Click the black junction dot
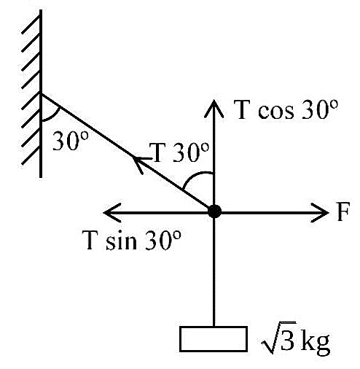click(x=214, y=211)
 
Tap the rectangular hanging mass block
click(x=214, y=339)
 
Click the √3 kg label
click(x=296, y=338)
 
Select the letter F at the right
click(x=343, y=211)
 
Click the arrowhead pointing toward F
click(x=320, y=212)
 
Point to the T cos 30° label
click(x=286, y=109)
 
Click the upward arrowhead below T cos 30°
click(x=214, y=109)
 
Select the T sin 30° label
click(x=132, y=240)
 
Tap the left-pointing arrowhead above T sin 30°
click(x=112, y=212)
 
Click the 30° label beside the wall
click(x=71, y=141)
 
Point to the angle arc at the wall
click(x=53, y=116)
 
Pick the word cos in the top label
click(x=275, y=112)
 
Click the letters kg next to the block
click(x=316, y=341)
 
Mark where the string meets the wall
click(x=42, y=94)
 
